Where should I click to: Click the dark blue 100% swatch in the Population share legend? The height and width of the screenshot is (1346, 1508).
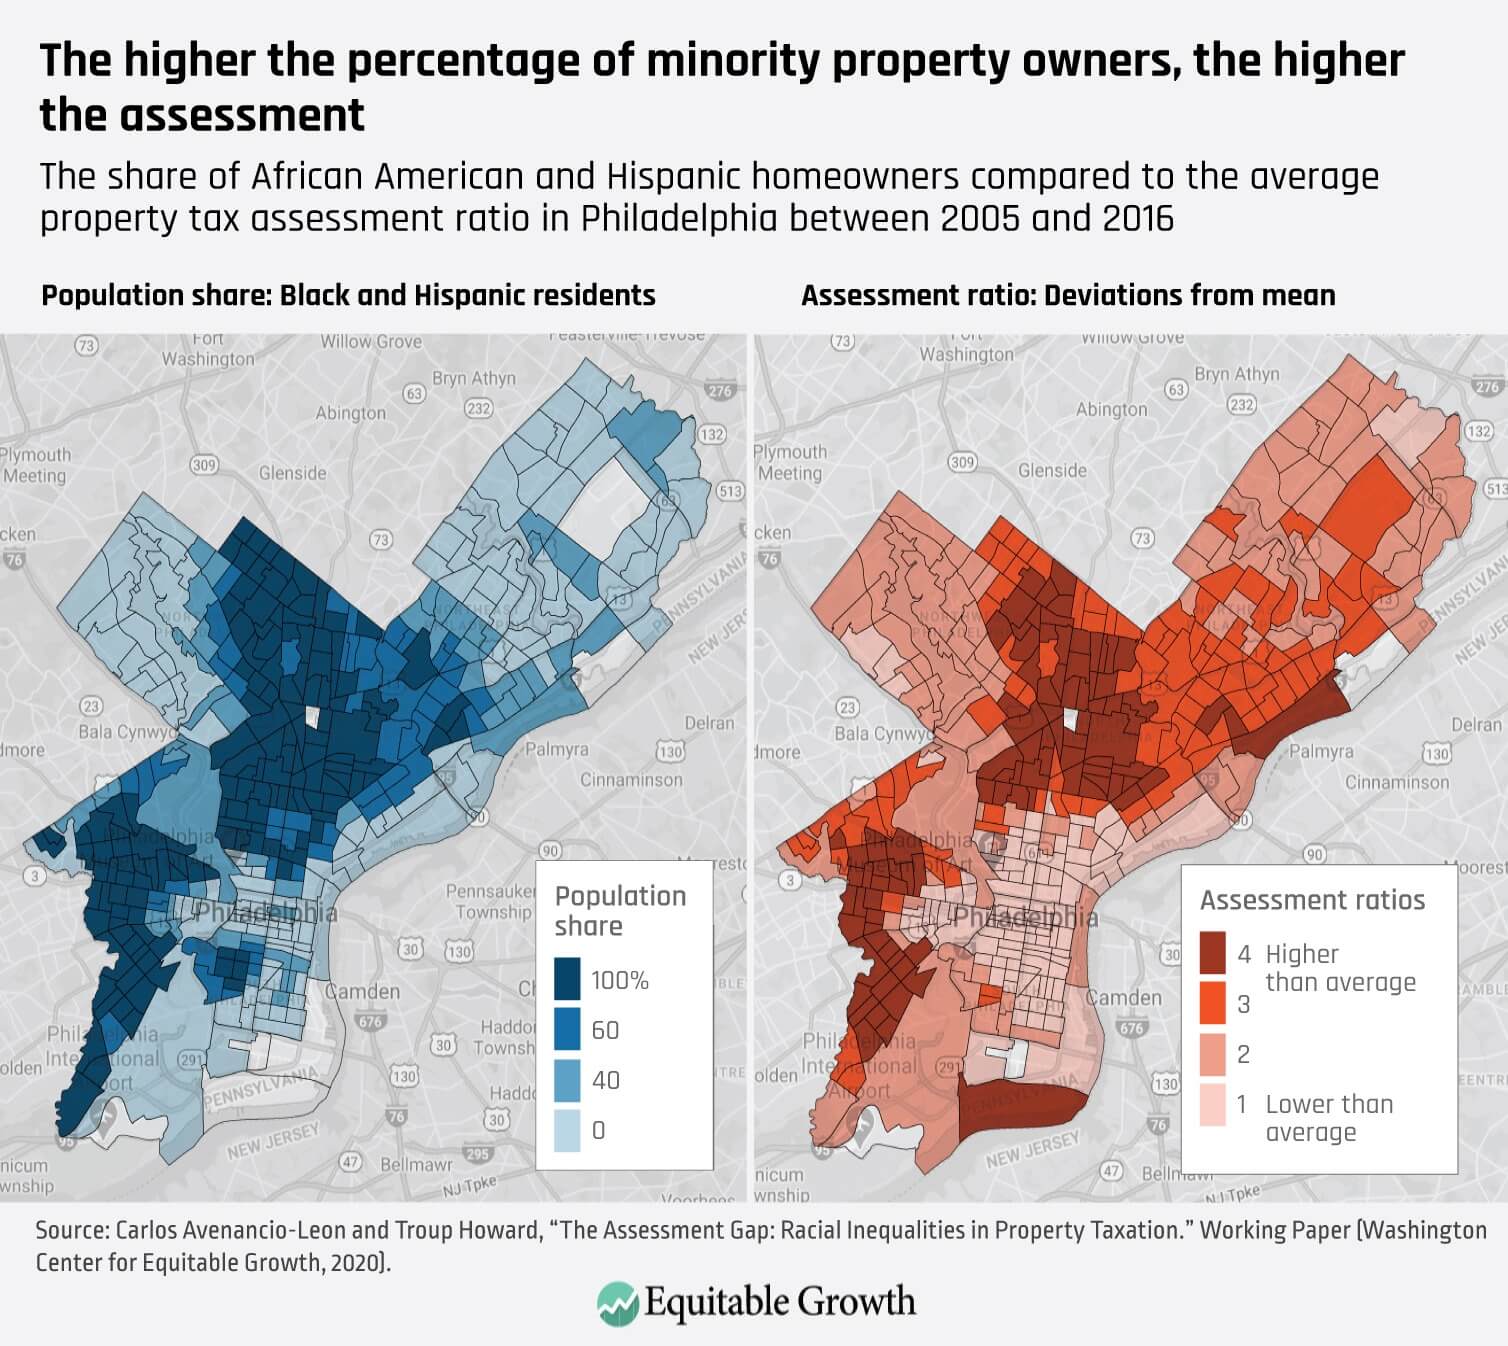(567, 979)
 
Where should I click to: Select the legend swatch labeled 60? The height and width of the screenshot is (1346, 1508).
(567, 1029)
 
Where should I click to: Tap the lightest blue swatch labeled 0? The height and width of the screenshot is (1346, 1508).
(567, 1130)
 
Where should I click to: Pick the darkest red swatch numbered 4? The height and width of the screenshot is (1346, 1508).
(1213, 953)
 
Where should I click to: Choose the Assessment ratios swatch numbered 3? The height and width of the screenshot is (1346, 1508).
(1213, 1003)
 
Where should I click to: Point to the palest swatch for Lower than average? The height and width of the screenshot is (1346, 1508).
(1213, 1104)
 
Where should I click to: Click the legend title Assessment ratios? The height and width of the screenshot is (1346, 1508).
(1312, 900)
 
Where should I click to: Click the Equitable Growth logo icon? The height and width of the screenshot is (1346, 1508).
(617, 1303)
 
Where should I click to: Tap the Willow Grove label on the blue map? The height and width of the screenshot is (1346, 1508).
(371, 342)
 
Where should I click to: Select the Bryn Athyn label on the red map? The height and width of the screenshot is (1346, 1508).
(1236, 374)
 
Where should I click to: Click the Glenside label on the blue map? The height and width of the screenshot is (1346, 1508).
(292, 473)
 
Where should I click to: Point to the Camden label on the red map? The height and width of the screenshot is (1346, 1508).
(1124, 998)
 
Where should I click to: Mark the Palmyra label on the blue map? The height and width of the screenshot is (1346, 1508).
(557, 749)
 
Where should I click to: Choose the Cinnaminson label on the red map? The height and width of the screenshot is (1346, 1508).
(1397, 782)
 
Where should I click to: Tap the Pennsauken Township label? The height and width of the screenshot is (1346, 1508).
(489, 901)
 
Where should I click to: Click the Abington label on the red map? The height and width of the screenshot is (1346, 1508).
(1111, 410)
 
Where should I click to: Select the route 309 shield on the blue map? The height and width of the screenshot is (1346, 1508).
(204, 464)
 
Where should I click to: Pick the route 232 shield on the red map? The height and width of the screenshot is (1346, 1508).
(1241, 404)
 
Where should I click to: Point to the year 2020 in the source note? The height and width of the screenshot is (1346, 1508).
(356, 1262)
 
